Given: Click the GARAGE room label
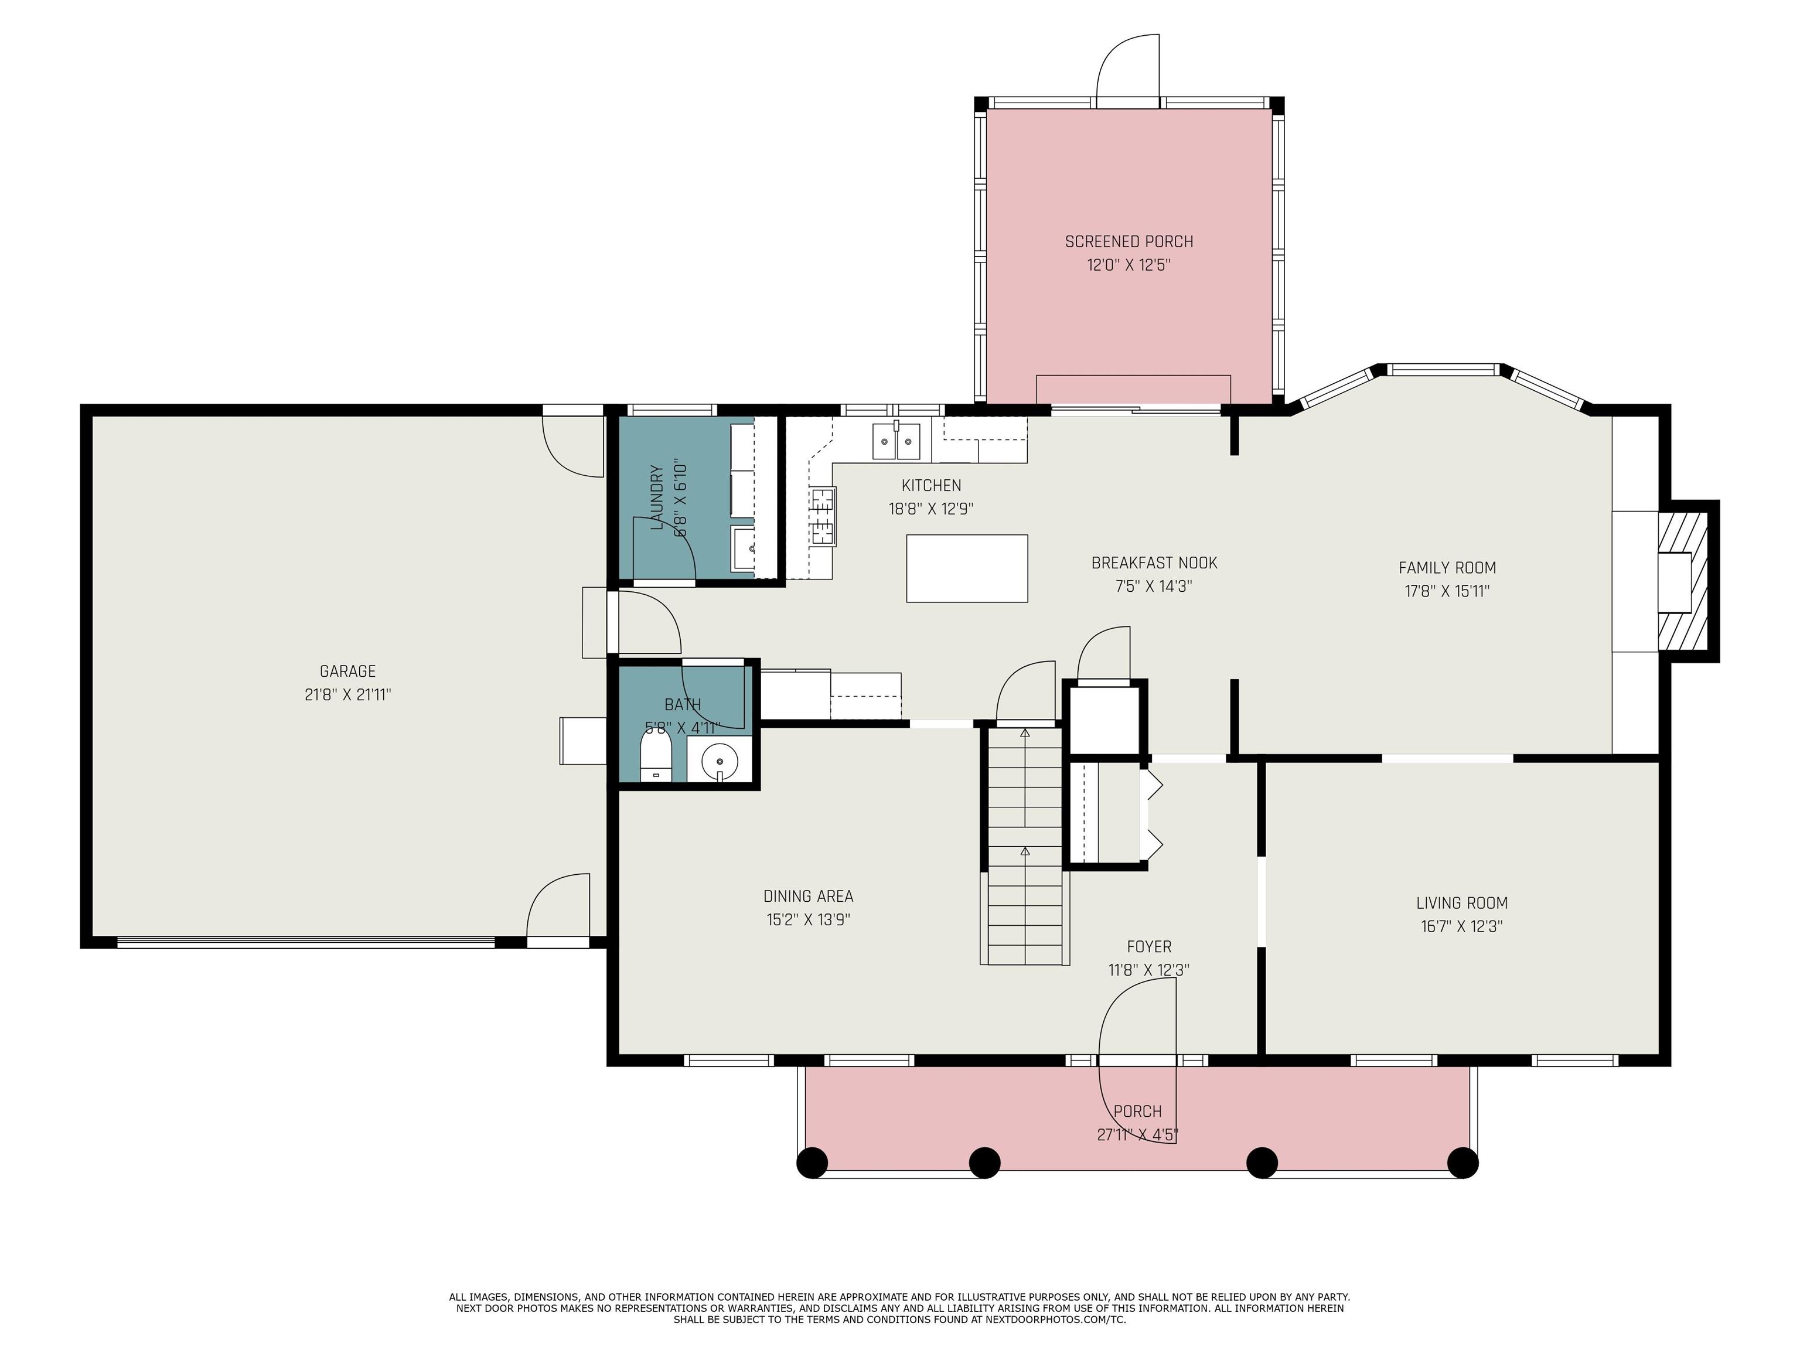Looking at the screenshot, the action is tap(347, 671).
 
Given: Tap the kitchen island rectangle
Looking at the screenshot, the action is tap(967, 568).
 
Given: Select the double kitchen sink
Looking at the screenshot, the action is tap(896, 442).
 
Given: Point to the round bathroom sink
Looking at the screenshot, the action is tap(720, 762).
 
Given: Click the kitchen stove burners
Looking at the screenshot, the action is tap(823, 515).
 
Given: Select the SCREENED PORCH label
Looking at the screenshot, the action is tap(1129, 241).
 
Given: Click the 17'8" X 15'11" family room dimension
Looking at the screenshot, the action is tap(1447, 591).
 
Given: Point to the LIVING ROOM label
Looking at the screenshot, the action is tap(1461, 902).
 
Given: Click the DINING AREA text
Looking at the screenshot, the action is tap(808, 896).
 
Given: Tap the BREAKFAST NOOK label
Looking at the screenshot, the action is tap(1154, 562).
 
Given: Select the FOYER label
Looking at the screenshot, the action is tap(1149, 946).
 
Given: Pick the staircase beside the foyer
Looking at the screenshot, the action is tap(1024, 846).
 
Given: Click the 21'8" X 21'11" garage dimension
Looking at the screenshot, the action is tap(347, 695).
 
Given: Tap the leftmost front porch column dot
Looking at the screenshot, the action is tap(812, 1162).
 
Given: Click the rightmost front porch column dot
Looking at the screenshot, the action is tap(1462, 1162).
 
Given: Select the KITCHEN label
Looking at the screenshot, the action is tap(931, 486).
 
